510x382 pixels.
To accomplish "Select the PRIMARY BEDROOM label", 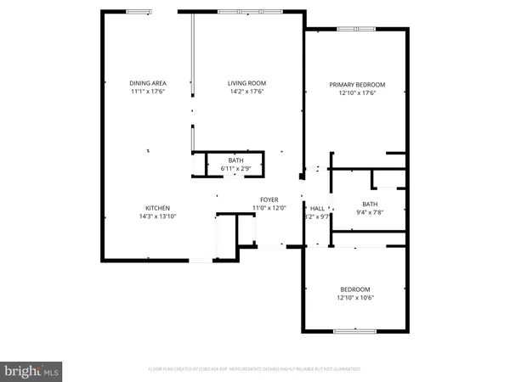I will pos(357,84).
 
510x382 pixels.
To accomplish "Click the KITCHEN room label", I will pos(157,208).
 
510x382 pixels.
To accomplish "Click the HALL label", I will pos(317,208).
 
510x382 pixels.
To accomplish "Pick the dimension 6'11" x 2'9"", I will pos(235,168).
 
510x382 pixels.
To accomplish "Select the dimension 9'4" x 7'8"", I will pos(369,212).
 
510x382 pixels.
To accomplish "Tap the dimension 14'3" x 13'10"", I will pos(157,216).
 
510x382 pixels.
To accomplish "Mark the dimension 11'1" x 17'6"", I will pos(146,92).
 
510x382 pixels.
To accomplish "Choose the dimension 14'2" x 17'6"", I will pos(246,92).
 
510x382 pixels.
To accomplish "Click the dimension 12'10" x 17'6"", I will pos(357,93).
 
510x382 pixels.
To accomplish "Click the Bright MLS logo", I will pos(32,370).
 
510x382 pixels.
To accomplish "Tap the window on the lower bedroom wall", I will pos(350,331).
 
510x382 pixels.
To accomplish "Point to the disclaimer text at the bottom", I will pos(255,369).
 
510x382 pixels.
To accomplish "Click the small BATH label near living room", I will pos(235,160).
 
